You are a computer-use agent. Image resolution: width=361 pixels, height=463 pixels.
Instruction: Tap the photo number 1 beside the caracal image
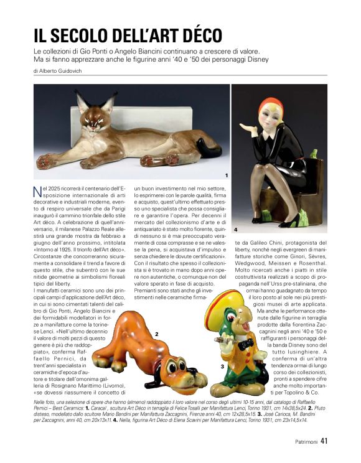(227, 175)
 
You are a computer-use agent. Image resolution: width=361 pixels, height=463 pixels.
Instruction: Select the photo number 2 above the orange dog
(156, 334)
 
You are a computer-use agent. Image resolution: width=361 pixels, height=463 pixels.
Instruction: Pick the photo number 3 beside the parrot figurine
(222, 367)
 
